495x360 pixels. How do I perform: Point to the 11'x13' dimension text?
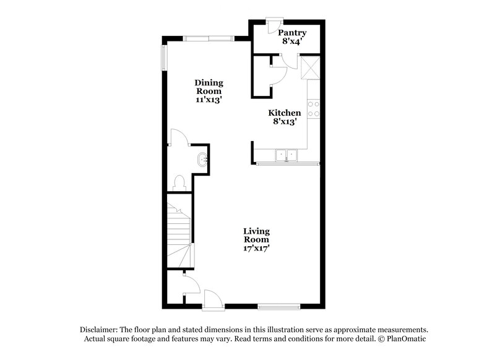click(209, 100)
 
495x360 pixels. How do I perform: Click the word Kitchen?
click(284, 113)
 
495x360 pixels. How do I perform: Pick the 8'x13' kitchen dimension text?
click(284, 122)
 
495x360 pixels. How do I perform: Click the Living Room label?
click(256, 236)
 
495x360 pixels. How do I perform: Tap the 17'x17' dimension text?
click(256, 249)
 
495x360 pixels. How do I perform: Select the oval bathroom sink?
click(202, 161)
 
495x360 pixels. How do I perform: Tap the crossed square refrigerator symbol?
click(308, 65)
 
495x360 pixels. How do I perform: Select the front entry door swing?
click(211, 298)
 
